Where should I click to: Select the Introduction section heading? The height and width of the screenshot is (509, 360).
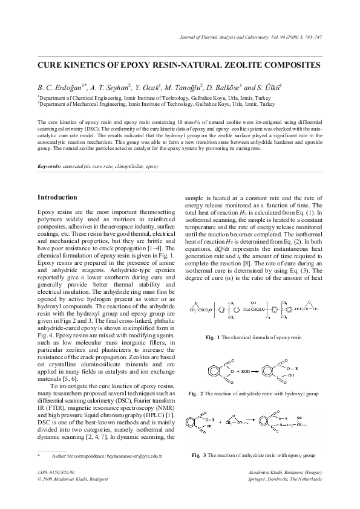click(57, 197)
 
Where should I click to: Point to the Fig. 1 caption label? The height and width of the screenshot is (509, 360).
click(211, 336)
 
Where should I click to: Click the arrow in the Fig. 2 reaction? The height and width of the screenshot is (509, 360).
click(248, 367)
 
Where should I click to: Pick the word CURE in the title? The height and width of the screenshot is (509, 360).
click(52, 63)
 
